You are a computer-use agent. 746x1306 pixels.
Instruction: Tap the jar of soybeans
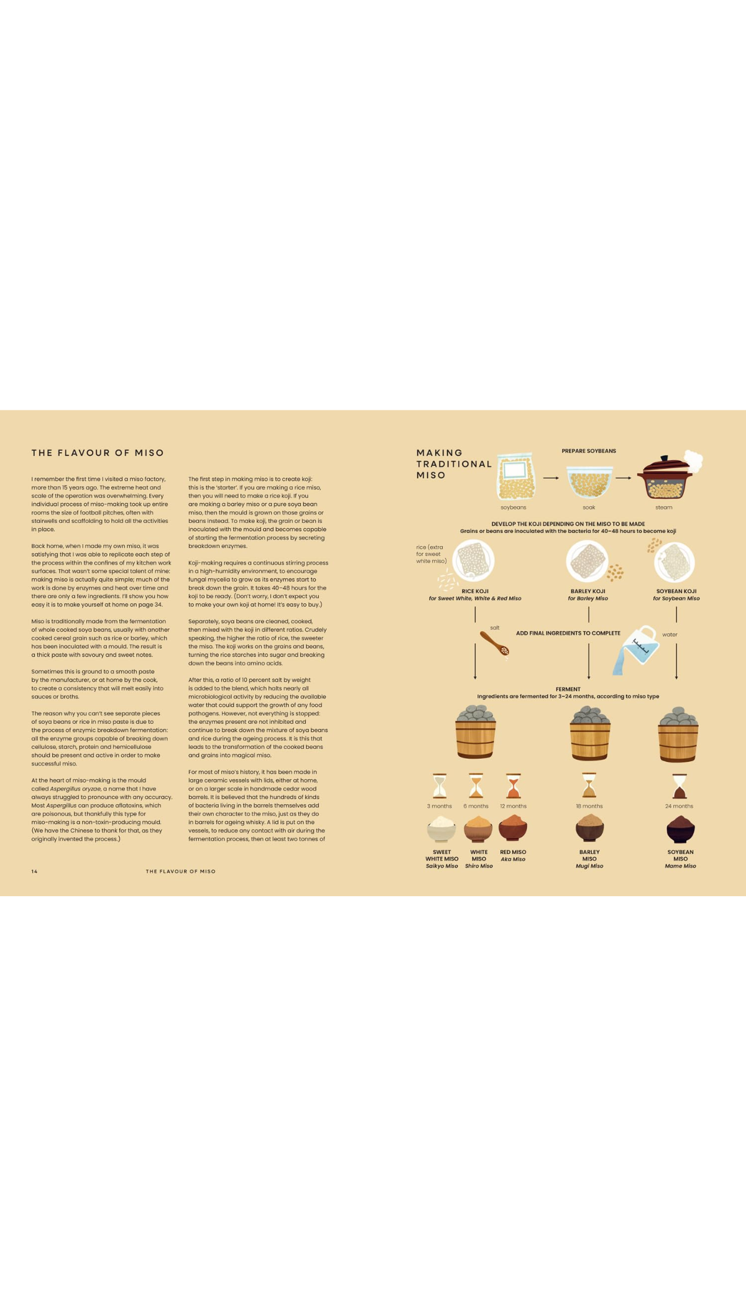[515, 476]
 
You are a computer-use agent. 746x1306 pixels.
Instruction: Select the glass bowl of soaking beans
[589, 482]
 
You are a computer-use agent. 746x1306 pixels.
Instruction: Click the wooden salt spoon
[495, 643]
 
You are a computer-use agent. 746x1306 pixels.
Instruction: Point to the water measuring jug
[635, 650]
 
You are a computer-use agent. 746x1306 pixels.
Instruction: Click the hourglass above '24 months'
[679, 786]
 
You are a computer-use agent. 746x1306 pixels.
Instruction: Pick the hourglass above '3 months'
[440, 785]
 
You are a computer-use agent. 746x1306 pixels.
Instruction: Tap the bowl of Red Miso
[513, 827]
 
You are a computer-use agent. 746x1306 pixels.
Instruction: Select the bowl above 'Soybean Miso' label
[680, 829]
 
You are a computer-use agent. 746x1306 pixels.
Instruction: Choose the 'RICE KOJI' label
[475, 591]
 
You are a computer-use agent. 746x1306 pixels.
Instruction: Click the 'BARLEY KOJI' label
[588, 591]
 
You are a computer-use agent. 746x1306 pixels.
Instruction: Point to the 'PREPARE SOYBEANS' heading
[589, 451]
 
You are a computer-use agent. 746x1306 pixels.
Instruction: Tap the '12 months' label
[513, 806]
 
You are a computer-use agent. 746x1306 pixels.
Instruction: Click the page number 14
[34, 871]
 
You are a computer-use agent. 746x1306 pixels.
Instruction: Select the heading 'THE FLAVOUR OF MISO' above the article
[98, 453]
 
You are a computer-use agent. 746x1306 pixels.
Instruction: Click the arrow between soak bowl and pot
[623, 478]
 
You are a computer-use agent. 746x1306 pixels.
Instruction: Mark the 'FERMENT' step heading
[568, 689]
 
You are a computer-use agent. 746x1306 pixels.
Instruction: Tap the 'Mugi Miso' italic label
[589, 866]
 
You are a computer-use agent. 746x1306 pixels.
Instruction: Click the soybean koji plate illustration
[674, 561]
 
